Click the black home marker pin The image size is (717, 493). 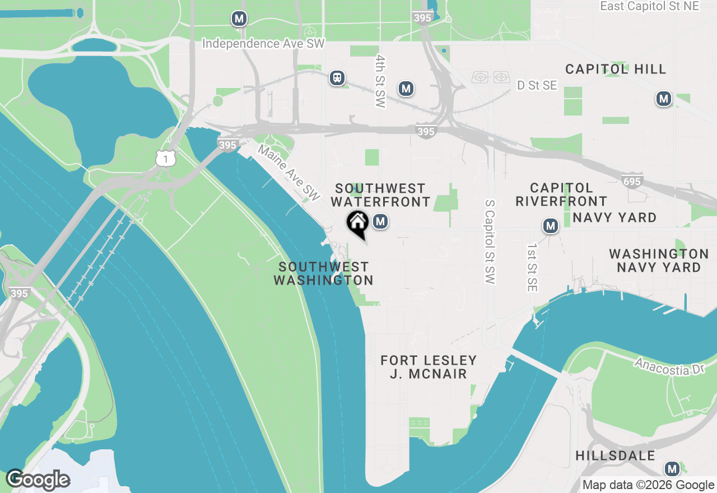[x=357, y=223]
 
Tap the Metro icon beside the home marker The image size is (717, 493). [x=381, y=222]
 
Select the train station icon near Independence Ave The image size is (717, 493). [x=337, y=77]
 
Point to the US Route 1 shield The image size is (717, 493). [x=166, y=159]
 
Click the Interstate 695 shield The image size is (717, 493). [x=632, y=181]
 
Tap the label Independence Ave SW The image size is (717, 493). [x=263, y=44]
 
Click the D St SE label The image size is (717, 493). [x=537, y=85]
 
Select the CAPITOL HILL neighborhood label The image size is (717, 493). [x=616, y=69]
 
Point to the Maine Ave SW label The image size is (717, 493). [x=289, y=173]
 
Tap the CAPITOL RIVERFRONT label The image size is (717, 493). [x=561, y=194]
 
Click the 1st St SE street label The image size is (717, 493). [x=532, y=267]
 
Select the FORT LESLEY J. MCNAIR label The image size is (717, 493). [x=429, y=367]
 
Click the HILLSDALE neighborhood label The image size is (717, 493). [x=615, y=455]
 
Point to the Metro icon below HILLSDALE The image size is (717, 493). [x=672, y=469]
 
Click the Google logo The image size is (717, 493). [x=38, y=480]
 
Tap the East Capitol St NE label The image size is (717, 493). [x=650, y=6]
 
